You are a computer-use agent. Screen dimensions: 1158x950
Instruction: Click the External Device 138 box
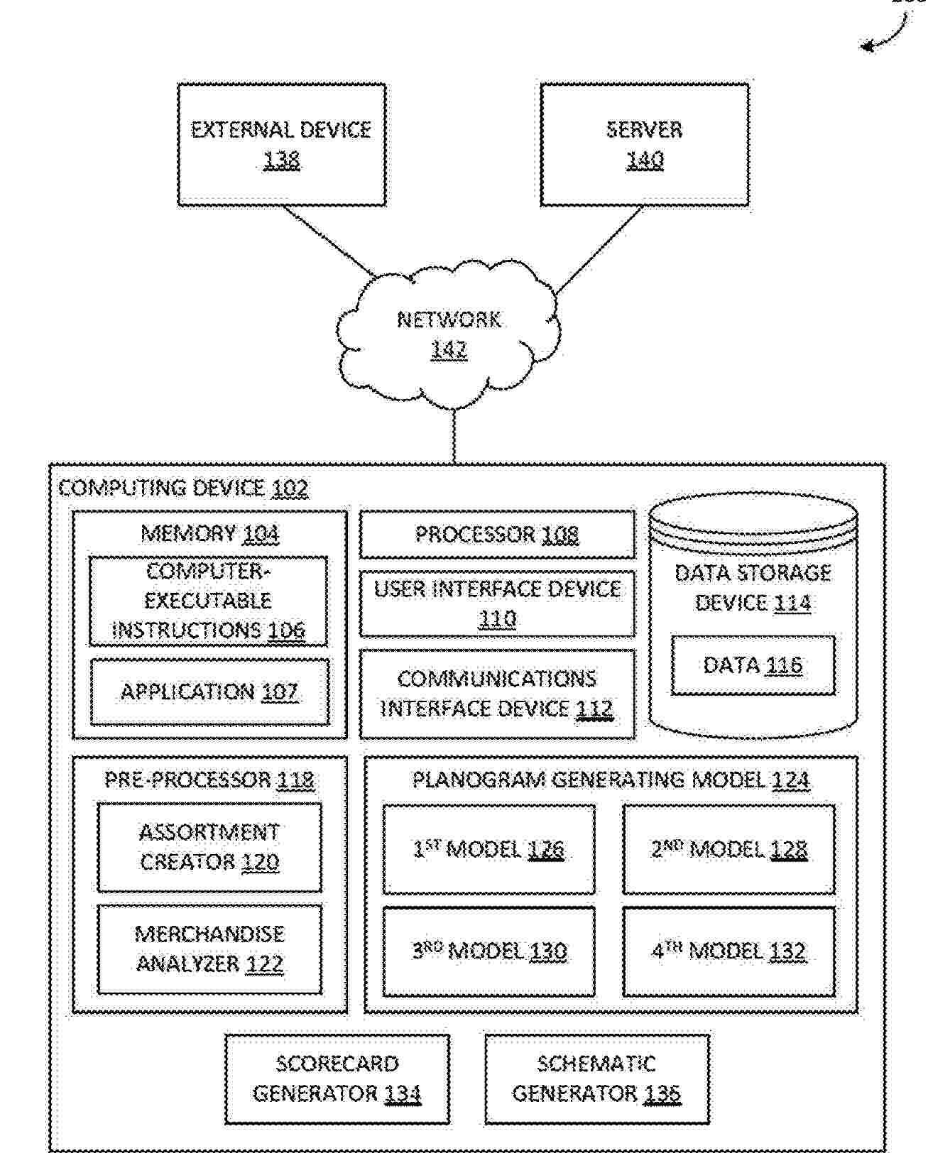coord(281,145)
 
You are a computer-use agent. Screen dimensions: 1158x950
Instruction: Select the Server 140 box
coord(644,145)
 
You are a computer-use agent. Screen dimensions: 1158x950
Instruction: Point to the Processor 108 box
coord(497,534)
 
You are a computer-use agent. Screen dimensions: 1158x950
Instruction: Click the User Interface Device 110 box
coord(497,603)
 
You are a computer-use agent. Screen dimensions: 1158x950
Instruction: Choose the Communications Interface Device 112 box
coord(497,694)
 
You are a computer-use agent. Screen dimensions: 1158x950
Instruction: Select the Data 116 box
coord(753,665)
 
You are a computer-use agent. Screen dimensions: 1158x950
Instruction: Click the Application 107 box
coord(209,692)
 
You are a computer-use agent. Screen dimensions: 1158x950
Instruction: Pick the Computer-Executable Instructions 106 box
coord(208,601)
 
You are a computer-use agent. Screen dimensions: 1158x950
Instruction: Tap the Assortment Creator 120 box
coord(209,847)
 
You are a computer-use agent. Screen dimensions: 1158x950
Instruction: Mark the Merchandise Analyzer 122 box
coord(209,949)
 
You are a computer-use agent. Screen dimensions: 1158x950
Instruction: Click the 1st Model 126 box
coord(488,849)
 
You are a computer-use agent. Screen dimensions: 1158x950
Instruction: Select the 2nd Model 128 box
coord(728,849)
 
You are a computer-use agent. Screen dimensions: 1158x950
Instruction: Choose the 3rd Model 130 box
coord(488,951)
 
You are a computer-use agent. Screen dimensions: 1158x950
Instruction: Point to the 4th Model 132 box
coord(728,951)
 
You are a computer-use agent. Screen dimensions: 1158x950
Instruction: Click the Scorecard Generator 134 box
coord(337,1078)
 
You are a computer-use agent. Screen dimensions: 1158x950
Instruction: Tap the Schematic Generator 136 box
coord(596,1078)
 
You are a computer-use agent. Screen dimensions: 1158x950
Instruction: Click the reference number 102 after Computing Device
coord(290,488)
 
